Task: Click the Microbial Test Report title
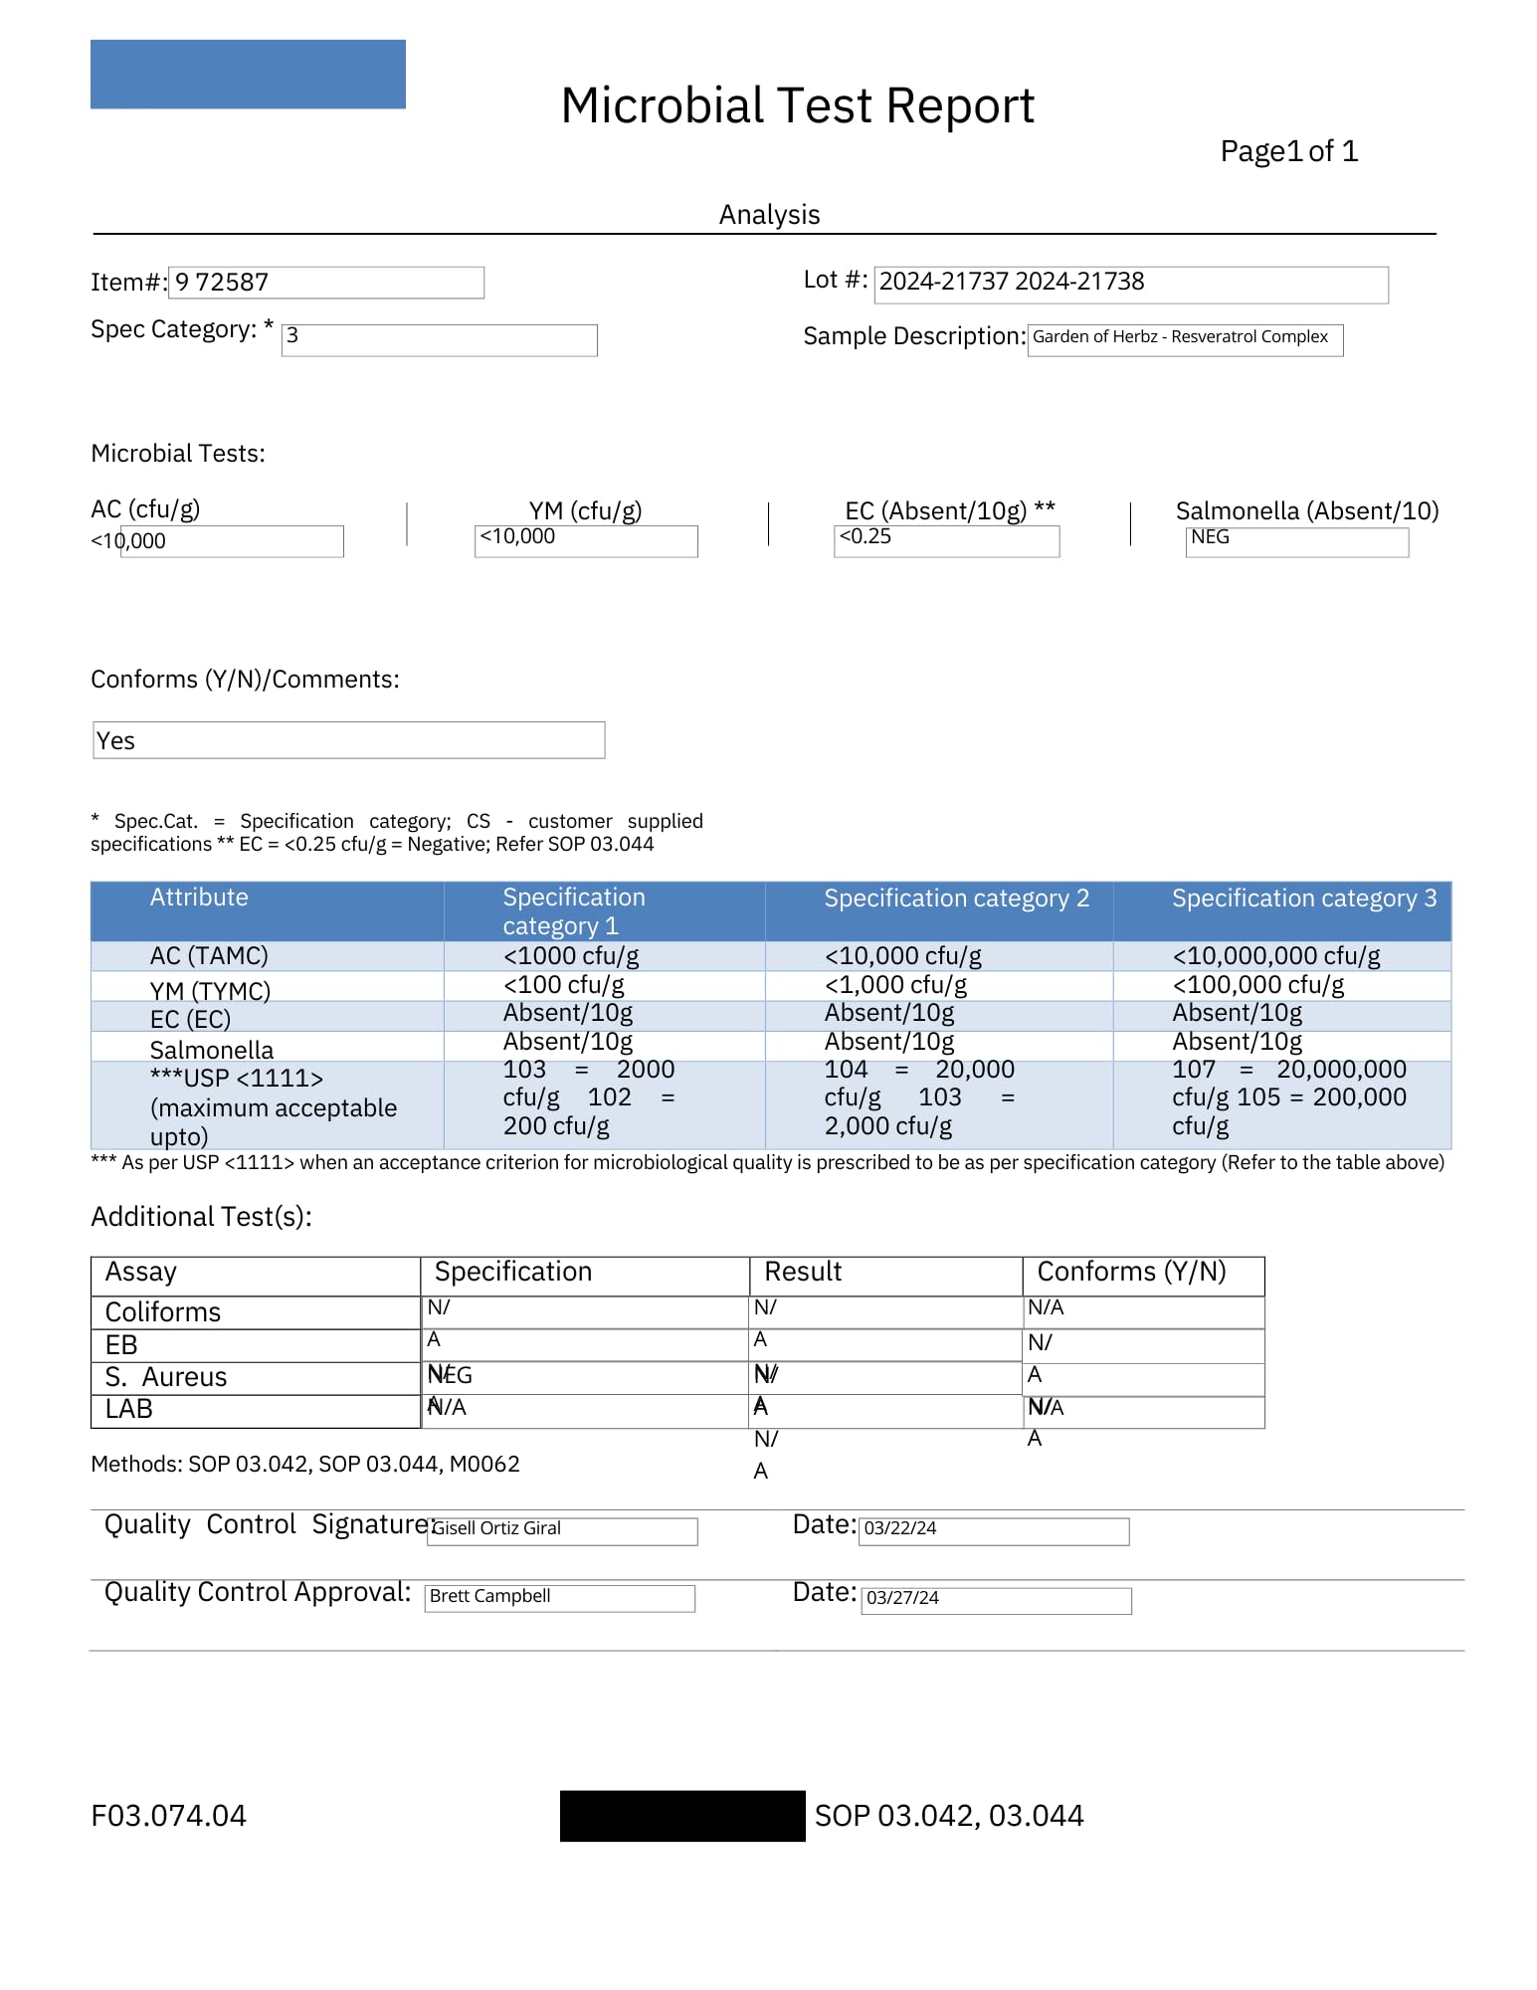point(797,106)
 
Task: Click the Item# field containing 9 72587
point(325,283)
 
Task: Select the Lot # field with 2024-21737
point(1130,284)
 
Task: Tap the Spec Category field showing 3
point(439,339)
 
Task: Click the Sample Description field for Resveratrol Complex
point(1184,338)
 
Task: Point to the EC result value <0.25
point(945,540)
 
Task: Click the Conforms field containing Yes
point(348,740)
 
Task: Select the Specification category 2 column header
point(956,898)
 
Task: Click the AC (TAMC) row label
point(209,956)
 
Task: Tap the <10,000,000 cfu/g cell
point(1276,956)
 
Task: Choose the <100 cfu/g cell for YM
point(564,985)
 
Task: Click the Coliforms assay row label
point(163,1312)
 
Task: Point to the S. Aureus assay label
point(166,1377)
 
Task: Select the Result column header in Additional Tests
point(803,1273)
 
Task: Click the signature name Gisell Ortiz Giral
point(497,1528)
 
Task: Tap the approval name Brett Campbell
point(489,1596)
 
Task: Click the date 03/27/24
point(902,1598)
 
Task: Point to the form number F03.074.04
point(168,1816)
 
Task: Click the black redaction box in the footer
point(682,1816)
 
